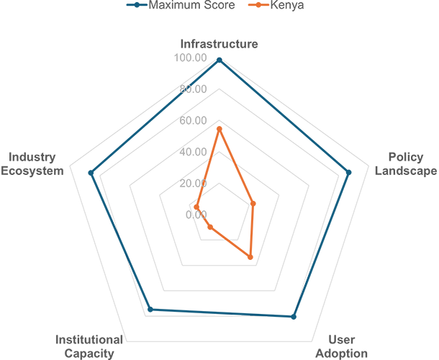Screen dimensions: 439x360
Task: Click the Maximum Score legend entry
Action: pos(181,5)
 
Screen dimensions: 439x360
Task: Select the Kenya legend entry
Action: pos(276,5)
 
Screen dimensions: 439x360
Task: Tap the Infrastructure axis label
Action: pos(219,44)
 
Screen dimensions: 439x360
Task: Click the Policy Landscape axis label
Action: pos(406,164)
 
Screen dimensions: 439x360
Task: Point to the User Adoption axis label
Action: pos(342,346)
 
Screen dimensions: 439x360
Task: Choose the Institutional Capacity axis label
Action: pos(89,346)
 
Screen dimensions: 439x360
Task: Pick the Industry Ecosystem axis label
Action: pos(32,164)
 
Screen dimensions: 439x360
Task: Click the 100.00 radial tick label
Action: pos(191,58)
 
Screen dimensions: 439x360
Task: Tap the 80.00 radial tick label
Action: pos(193,89)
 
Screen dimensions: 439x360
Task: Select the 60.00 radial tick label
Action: pos(193,120)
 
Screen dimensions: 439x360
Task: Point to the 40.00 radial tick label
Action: pos(193,152)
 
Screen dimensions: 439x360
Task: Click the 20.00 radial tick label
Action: pos(193,183)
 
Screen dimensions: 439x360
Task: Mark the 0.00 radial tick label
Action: pos(196,215)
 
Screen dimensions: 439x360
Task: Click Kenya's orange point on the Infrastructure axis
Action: pos(219,129)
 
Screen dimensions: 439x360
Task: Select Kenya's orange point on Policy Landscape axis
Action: pos(253,204)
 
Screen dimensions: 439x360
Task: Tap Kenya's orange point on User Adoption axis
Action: pos(250,257)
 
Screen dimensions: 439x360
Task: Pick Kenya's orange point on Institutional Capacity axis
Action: pos(210,228)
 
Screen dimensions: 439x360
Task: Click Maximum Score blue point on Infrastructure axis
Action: pos(219,60)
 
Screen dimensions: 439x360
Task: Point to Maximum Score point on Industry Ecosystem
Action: pos(91,173)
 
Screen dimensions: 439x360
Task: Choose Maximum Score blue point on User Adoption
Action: pos(294,317)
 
